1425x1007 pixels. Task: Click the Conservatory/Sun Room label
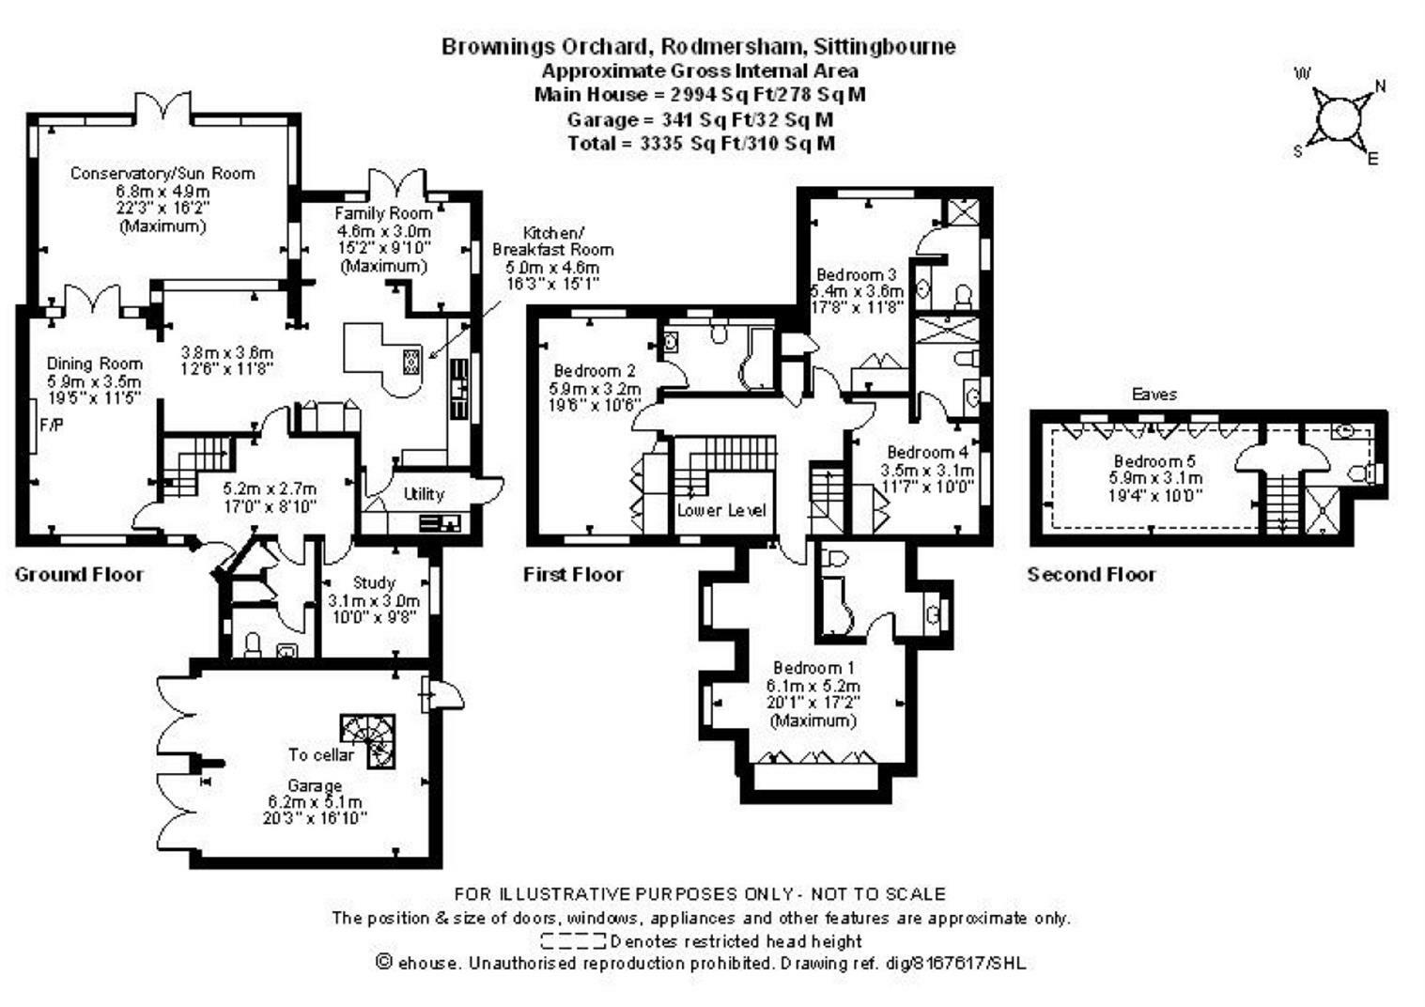163,174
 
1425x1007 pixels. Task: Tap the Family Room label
383,214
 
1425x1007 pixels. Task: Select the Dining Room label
95,364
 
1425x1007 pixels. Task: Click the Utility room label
424,494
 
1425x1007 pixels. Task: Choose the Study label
374,583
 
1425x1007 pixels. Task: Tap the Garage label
315,786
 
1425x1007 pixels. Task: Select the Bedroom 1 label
814,669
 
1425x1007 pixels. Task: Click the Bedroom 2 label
594,371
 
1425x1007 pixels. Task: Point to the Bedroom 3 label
856,274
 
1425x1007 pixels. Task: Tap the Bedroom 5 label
1154,461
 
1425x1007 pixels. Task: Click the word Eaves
1154,395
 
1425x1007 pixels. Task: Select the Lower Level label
721,511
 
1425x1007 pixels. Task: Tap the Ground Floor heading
79,575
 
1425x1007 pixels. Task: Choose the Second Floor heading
1092,575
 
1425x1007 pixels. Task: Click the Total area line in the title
701,144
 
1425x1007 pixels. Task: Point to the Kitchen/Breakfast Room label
552,241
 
